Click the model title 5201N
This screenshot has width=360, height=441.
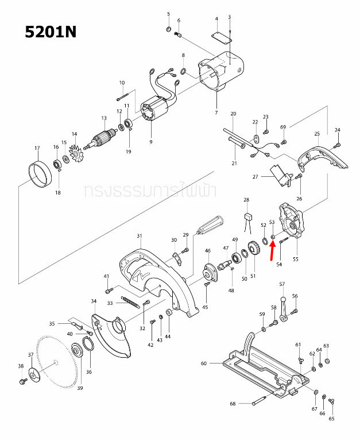click(x=51, y=31)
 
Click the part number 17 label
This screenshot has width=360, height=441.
click(x=37, y=148)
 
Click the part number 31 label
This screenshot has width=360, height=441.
click(x=139, y=236)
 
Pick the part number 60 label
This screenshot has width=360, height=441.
click(x=203, y=363)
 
